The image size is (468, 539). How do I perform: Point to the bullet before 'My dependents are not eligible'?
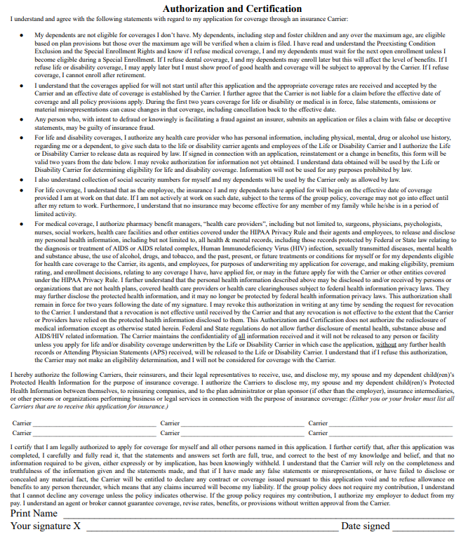(22, 34)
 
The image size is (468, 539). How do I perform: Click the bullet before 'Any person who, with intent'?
(22, 119)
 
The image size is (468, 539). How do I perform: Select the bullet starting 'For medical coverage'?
(22, 223)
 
